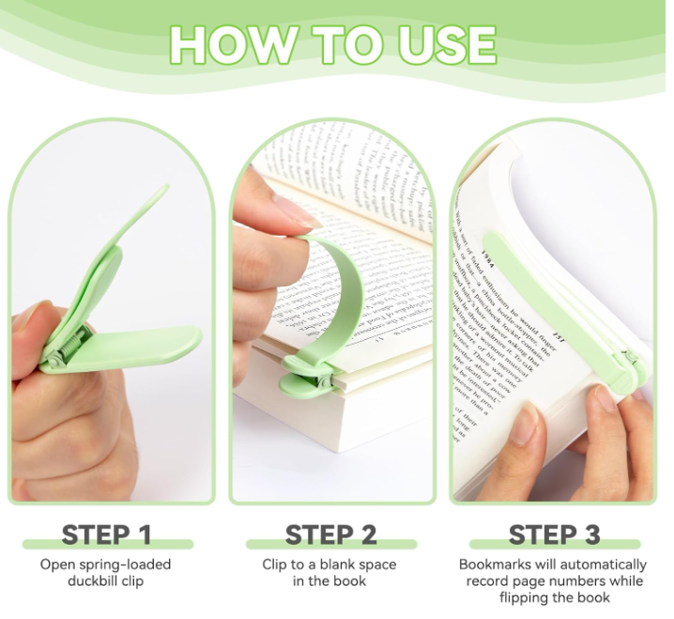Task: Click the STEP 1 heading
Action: pos(106,534)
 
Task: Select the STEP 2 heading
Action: pos(331,534)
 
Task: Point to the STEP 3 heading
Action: pos(554,534)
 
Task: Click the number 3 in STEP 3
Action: pos(591,534)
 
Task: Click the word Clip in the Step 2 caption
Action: pos(276,565)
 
